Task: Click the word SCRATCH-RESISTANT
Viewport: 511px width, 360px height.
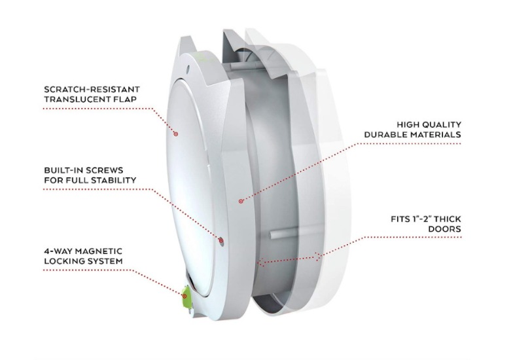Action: [x=92, y=89]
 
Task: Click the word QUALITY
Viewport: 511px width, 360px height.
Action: [x=442, y=124]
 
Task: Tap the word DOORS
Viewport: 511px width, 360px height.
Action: [x=444, y=228]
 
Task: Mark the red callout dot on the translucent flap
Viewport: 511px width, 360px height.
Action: [x=175, y=134]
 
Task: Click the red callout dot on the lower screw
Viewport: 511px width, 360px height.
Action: [x=221, y=241]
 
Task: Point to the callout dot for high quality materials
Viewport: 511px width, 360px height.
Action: [x=241, y=201]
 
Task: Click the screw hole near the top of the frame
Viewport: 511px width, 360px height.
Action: [x=187, y=69]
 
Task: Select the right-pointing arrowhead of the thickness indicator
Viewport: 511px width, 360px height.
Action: [x=318, y=257]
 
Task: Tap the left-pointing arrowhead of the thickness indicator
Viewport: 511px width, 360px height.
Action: [x=260, y=262]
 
